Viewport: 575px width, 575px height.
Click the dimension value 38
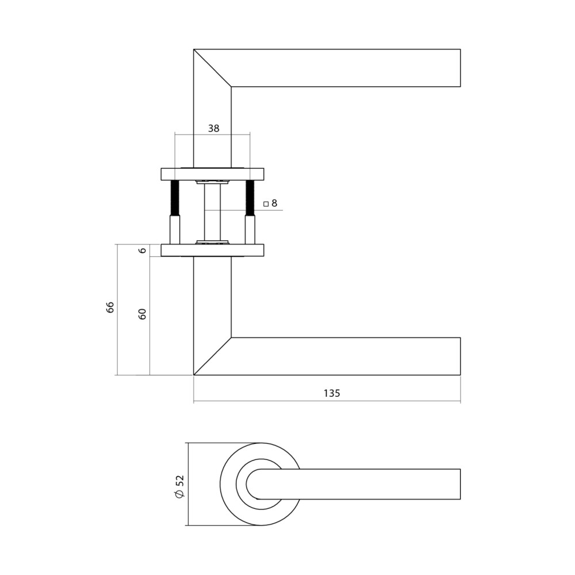point(213,128)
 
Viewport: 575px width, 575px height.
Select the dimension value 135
point(331,393)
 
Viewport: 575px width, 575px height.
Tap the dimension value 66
point(110,307)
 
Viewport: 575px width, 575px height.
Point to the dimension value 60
point(143,314)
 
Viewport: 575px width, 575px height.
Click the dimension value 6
point(143,250)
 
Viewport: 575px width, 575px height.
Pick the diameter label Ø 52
point(179,486)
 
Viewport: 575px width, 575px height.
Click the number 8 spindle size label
point(274,203)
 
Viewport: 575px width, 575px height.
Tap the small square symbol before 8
point(266,204)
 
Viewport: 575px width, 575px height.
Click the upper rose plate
point(212,174)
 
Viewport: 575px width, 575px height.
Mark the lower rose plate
point(212,250)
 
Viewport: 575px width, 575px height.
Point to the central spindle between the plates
point(212,212)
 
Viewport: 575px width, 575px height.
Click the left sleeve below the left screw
point(175,229)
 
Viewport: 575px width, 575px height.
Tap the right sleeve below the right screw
point(250,229)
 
